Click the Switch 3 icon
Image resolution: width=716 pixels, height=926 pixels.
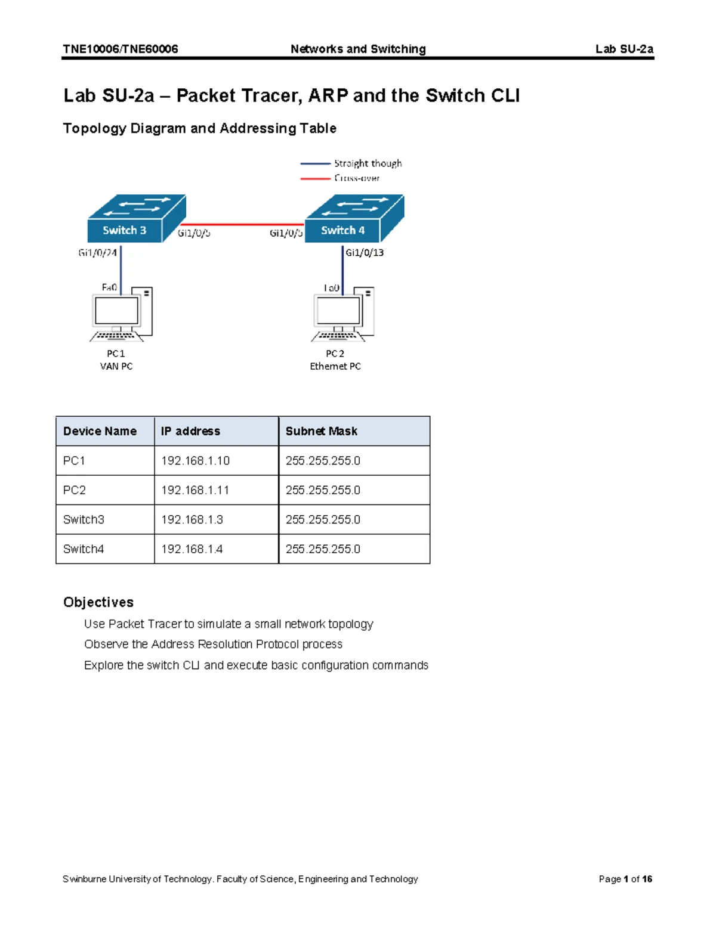pyautogui.click(x=136, y=219)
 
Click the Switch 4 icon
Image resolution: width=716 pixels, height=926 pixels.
pyautogui.click(x=354, y=219)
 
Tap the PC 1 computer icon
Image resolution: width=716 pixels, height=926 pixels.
pyautogui.click(x=122, y=314)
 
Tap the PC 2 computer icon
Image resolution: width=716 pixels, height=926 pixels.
pyautogui.click(x=343, y=314)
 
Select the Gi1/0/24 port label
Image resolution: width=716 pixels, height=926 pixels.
pyautogui.click(x=97, y=253)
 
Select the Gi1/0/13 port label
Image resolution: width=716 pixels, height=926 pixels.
pyautogui.click(x=365, y=253)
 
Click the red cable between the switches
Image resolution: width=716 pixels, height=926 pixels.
pyautogui.click(x=245, y=225)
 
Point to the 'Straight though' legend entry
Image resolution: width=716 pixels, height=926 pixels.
pyautogui.click(x=368, y=163)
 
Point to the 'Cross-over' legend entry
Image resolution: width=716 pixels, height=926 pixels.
pyautogui.click(x=357, y=178)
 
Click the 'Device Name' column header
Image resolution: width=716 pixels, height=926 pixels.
pyautogui.click(x=100, y=431)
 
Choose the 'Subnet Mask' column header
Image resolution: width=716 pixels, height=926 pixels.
pyautogui.click(x=321, y=431)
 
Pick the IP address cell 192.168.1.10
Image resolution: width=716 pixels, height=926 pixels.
pyautogui.click(x=195, y=461)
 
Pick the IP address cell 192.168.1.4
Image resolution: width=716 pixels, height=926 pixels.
pyautogui.click(x=192, y=549)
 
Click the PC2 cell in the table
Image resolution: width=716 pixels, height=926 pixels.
pyautogui.click(x=75, y=490)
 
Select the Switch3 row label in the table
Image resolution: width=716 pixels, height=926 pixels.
pyautogui.click(x=84, y=519)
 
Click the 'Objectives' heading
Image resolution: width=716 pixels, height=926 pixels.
pyautogui.click(x=98, y=602)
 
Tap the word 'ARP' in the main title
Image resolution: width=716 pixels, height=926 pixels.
pyautogui.click(x=328, y=96)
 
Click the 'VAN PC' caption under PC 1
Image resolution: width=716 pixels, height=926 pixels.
pyautogui.click(x=116, y=366)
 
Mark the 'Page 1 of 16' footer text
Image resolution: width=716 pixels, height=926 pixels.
pyautogui.click(x=625, y=879)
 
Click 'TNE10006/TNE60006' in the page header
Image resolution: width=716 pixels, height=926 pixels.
pyautogui.click(x=121, y=49)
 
